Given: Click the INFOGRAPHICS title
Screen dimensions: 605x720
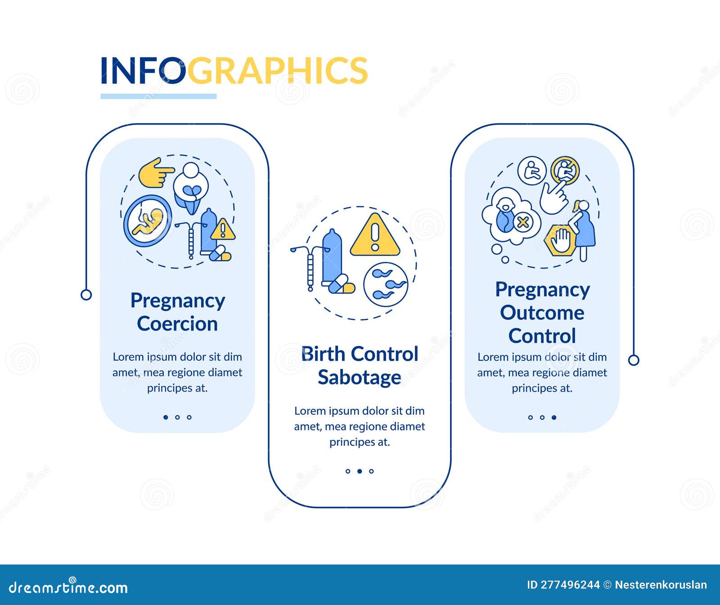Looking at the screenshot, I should click(234, 71).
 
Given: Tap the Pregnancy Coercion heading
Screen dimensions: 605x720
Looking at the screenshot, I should click(177, 312).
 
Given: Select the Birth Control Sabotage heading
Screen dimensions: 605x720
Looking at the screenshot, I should click(360, 366).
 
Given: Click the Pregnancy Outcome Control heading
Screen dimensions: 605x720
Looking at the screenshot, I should click(542, 313).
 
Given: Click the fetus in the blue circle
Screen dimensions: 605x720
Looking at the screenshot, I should click(148, 221).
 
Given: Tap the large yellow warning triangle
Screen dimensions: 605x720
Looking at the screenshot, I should click(375, 236).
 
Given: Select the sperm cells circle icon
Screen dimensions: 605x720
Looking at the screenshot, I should click(386, 284).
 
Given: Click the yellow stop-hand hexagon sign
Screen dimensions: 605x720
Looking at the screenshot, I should click(560, 240).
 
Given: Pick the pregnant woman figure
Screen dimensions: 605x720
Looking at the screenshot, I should click(583, 228).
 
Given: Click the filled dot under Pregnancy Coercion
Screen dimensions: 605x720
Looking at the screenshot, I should click(166, 417).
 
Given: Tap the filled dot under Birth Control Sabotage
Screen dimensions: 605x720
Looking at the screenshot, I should click(360, 471).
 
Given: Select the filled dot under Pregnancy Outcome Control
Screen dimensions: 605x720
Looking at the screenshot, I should click(554, 417).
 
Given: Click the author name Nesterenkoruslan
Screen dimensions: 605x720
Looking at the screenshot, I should click(661, 585).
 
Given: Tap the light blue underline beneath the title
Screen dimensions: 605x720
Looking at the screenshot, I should click(158, 96).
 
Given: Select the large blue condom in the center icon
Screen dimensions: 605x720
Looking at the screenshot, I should click(332, 256).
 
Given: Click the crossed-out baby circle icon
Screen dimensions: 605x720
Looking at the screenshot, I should click(565, 170).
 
